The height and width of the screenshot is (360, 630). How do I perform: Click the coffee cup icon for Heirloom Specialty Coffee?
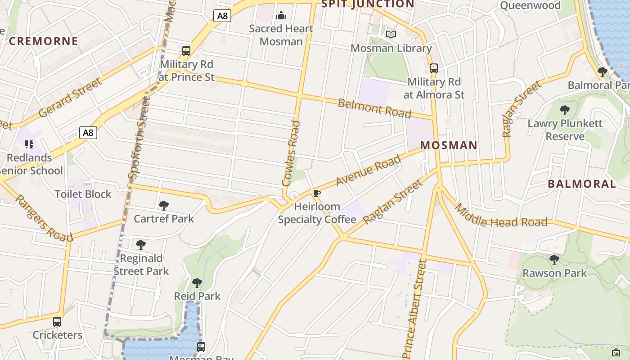tap(317, 193)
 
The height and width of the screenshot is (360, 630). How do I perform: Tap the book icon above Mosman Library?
tap(391, 34)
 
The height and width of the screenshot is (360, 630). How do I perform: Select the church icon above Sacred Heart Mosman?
tap(281, 16)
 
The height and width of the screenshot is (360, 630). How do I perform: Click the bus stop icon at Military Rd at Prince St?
tap(186, 50)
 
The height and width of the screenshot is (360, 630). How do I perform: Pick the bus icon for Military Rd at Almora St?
tap(434, 68)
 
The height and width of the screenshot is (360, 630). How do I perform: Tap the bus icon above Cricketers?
tap(57, 322)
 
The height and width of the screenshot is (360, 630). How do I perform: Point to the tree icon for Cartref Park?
tap(164, 206)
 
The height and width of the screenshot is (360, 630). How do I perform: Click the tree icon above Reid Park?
tap(197, 283)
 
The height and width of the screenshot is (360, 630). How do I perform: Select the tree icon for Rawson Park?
tap(554, 260)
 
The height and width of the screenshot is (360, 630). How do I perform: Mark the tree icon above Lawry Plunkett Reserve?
tap(565, 110)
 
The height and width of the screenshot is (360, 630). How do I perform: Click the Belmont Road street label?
tap(374, 108)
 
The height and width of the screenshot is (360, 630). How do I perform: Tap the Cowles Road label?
tap(291, 153)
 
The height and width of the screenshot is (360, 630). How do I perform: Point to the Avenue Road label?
tap(368, 170)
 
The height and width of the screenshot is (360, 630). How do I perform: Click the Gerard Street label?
tap(70, 98)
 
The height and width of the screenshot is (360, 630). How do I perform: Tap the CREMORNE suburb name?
tap(44, 41)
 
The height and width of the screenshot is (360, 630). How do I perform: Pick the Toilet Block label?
tap(83, 194)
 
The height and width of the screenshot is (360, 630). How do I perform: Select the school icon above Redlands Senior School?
tap(29, 144)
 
